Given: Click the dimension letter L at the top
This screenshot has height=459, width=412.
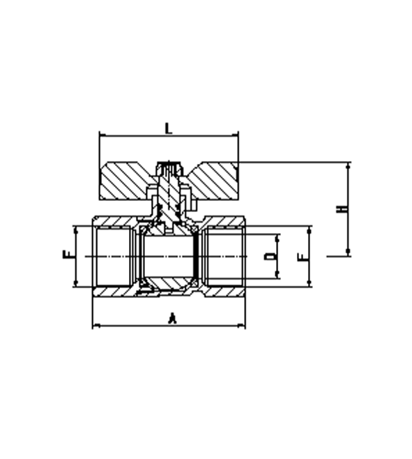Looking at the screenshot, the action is [x=168, y=128].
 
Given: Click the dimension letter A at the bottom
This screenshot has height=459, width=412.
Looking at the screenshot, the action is [x=173, y=318].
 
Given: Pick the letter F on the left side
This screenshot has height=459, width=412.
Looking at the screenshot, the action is [x=68, y=255].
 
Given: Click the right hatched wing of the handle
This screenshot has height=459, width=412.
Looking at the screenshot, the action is [x=211, y=181].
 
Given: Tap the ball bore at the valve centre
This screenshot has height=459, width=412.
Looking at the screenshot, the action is [x=168, y=257].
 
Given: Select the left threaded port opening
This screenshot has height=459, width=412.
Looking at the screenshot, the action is [x=114, y=257].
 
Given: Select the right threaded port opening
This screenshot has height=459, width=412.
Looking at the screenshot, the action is [x=224, y=257].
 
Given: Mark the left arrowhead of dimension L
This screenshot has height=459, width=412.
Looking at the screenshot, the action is [x=102, y=135].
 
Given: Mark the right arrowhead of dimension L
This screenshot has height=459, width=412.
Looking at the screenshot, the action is [x=235, y=135].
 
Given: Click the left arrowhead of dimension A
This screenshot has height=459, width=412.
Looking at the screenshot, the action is [x=96, y=325].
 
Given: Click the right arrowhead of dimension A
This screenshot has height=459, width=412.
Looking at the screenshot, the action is [x=242, y=325].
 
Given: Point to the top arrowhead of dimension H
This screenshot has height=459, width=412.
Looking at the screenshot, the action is [x=348, y=166].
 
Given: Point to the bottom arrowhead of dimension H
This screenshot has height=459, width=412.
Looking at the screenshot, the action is [x=348, y=252].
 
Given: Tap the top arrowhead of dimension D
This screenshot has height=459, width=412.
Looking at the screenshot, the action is [x=277, y=238].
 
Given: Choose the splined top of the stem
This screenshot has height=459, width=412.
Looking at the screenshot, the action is [x=169, y=168].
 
